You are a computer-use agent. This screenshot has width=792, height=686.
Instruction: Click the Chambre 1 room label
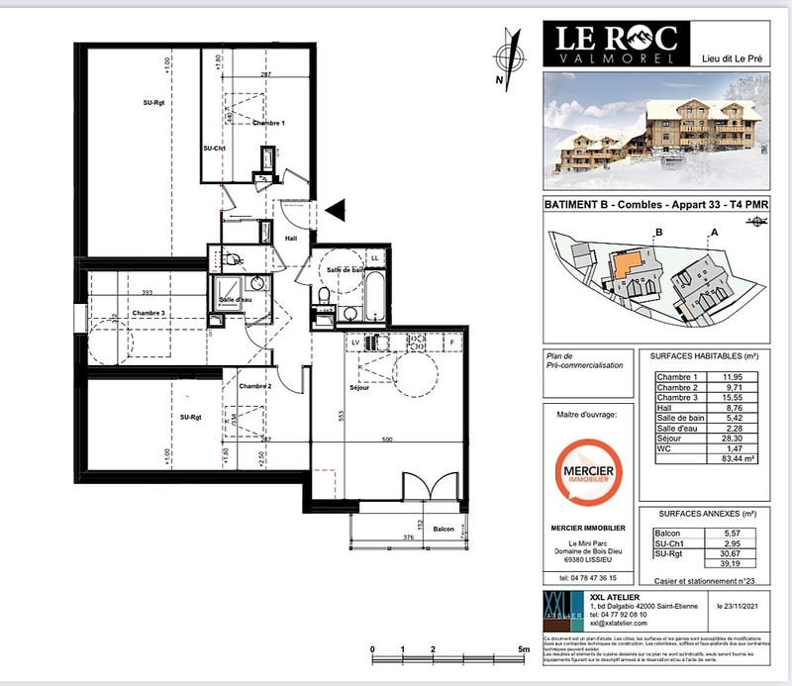268,123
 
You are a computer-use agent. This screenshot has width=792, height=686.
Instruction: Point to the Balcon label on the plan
444,530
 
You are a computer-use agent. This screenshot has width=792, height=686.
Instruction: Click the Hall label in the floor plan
292,239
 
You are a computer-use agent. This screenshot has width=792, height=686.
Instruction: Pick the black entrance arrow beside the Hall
336,208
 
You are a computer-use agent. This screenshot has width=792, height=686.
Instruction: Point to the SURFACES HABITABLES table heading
704,355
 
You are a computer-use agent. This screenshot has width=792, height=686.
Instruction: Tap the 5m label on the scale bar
524,649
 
